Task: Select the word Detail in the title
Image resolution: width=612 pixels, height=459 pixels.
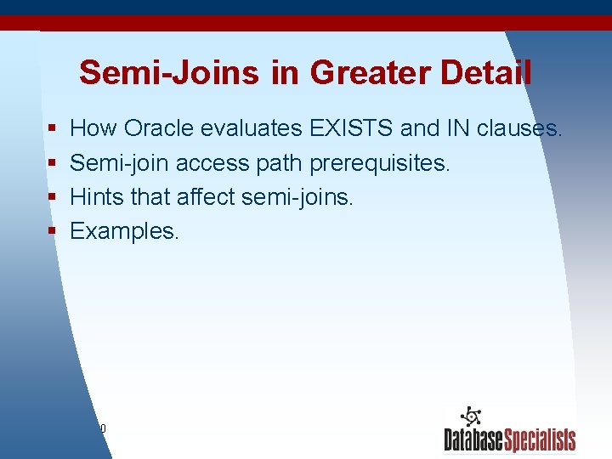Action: (485, 73)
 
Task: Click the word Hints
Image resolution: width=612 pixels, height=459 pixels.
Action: (94, 197)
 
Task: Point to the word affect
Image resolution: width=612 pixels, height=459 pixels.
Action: (206, 197)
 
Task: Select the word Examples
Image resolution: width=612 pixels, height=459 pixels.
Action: (124, 231)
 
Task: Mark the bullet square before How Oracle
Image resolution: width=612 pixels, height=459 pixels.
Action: (53, 130)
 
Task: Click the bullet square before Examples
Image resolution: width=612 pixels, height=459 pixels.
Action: (53, 232)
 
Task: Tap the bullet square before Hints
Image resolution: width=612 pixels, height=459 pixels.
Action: (53, 198)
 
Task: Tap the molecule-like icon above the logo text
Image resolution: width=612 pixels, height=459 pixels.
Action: (470, 416)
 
